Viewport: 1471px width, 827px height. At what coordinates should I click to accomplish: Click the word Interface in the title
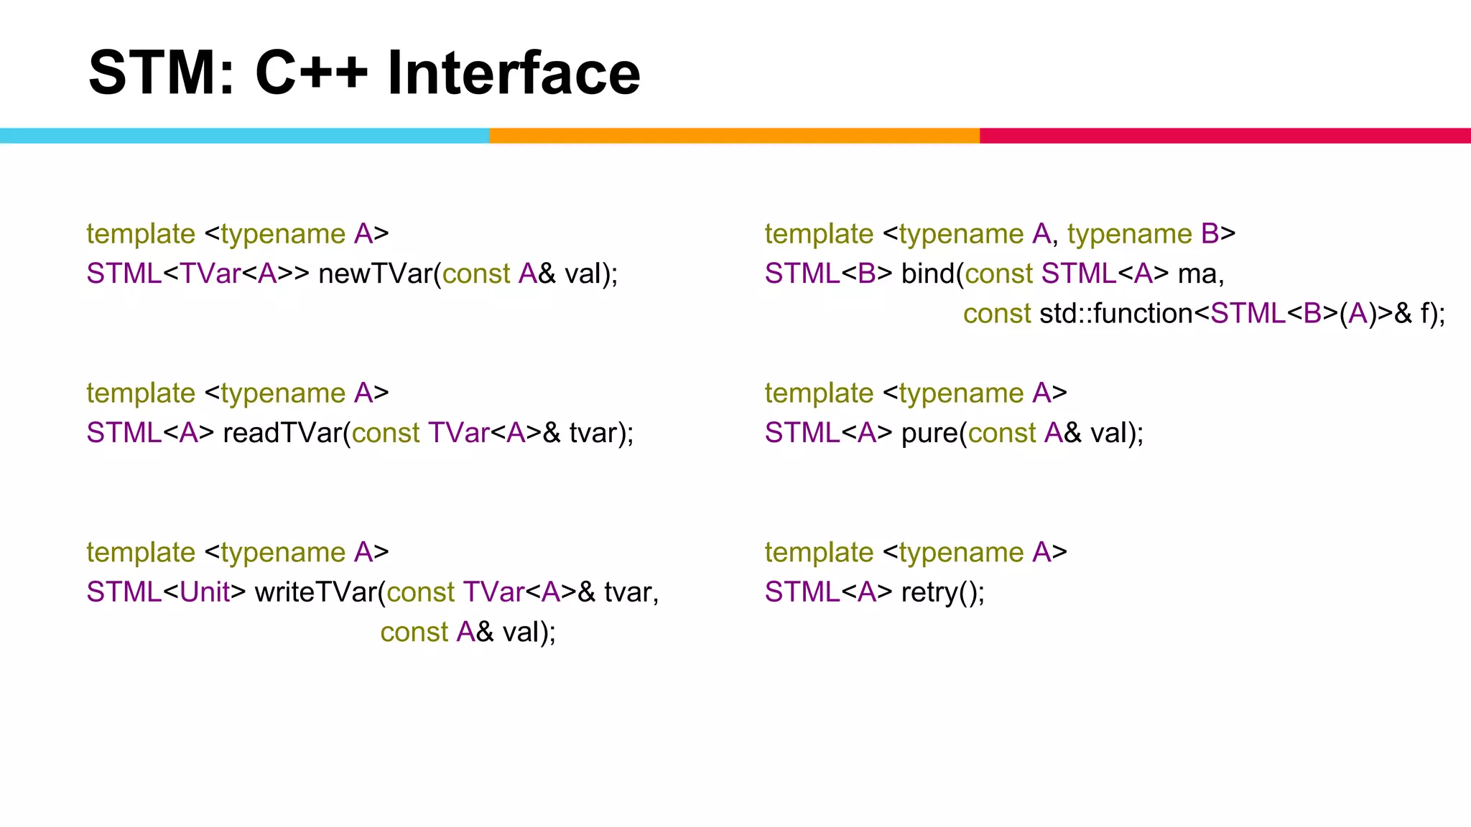513,73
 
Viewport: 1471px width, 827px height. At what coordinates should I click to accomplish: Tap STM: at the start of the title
161,73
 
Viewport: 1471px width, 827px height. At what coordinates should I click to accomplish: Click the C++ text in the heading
310,73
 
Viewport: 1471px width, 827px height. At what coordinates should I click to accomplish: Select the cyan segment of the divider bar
244,136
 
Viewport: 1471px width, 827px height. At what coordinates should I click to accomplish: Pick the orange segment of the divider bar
734,136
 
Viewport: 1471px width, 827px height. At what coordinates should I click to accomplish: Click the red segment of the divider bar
1225,136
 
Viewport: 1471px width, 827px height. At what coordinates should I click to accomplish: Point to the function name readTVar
282,433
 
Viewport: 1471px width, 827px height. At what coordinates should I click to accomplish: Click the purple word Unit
204,592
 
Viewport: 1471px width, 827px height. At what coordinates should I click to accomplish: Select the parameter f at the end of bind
1425,314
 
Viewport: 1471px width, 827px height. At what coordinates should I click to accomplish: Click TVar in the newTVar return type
210,274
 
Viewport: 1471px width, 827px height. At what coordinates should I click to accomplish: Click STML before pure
802,433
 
